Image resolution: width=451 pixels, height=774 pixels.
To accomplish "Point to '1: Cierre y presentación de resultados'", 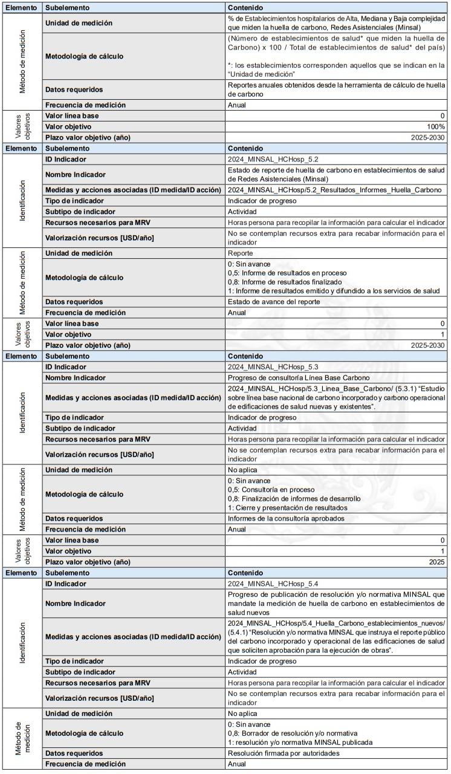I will click(287, 507).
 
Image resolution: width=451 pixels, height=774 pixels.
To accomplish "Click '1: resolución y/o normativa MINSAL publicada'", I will click(300, 742).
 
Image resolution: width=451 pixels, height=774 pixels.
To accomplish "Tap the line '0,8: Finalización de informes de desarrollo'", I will click(294, 498).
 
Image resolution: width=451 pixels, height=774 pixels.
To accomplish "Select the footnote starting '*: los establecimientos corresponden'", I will click(336, 69).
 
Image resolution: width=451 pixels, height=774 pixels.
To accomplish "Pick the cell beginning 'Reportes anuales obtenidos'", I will click(336, 89).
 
